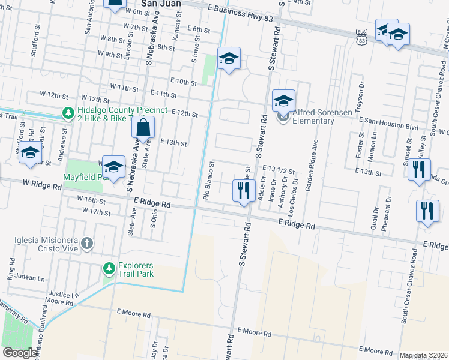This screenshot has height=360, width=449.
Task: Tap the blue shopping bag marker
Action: (x=143, y=127)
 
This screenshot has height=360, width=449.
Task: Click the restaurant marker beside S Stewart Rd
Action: (x=244, y=191)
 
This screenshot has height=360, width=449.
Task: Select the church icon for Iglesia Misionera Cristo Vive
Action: (x=87, y=243)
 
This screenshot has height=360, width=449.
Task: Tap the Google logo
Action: (x=20, y=353)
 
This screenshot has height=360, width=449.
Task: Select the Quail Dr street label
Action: (x=375, y=218)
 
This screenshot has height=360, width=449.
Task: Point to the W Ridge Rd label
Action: (x=43, y=187)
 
